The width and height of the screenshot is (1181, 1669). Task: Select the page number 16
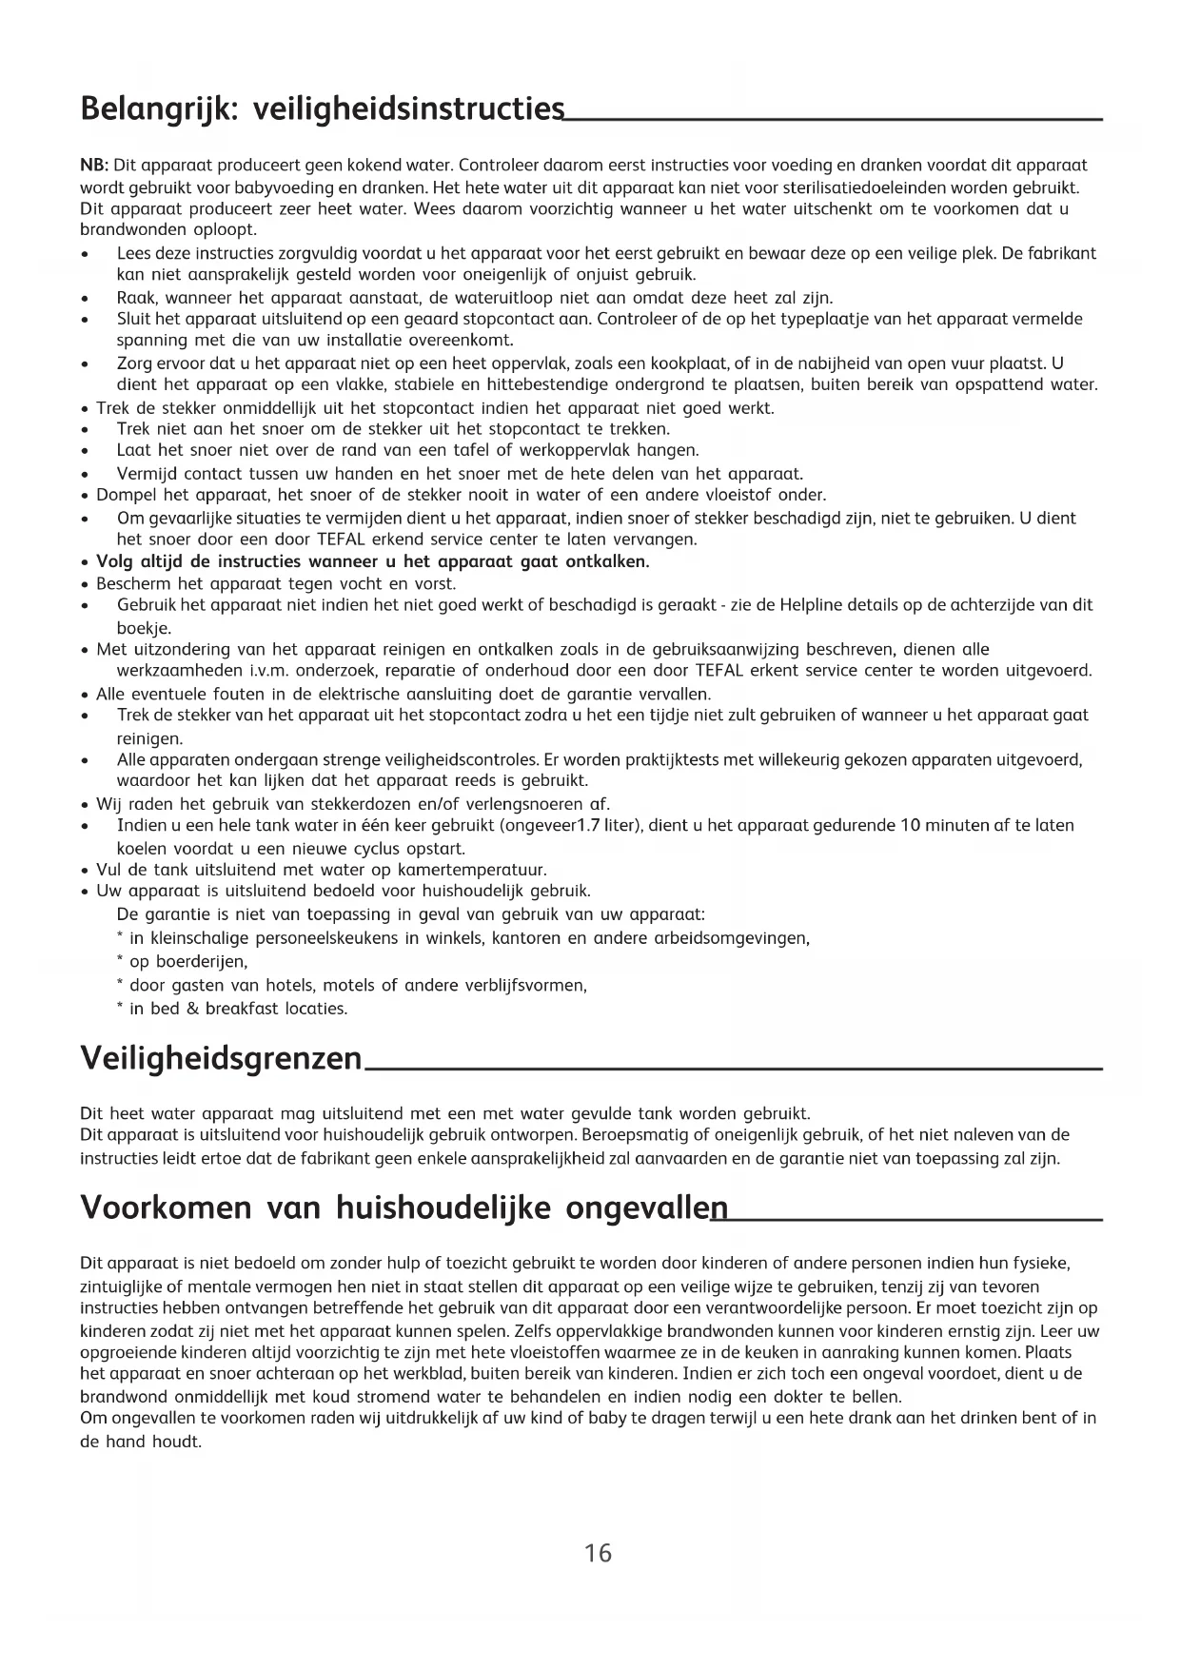pyautogui.click(x=598, y=1553)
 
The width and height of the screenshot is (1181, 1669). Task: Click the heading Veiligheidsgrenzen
pyautogui.click(x=221, y=1058)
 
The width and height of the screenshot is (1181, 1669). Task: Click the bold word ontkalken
pyautogui.click(x=607, y=561)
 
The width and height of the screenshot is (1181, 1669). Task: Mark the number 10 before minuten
pyautogui.click(x=908, y=825)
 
